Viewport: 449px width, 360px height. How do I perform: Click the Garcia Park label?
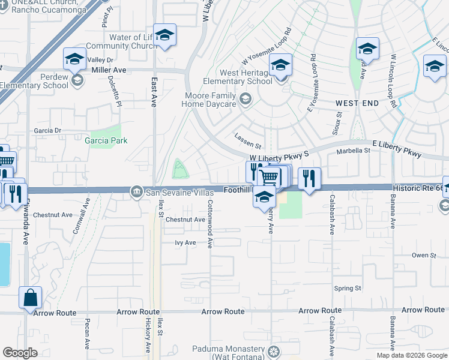click(106, 141)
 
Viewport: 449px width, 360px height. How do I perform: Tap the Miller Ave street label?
click(109, 70)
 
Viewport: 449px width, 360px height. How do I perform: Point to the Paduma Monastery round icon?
click(274, 351)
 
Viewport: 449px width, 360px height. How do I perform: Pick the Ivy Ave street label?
click(185, 243)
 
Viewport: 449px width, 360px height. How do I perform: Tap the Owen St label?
click(424, 256)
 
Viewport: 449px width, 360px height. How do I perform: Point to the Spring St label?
click(348, 289)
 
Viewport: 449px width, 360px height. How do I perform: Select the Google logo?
click(20, 353)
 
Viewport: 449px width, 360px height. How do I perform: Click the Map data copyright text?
click(412, 355)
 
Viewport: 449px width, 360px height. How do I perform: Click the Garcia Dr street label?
click(47, 130)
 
